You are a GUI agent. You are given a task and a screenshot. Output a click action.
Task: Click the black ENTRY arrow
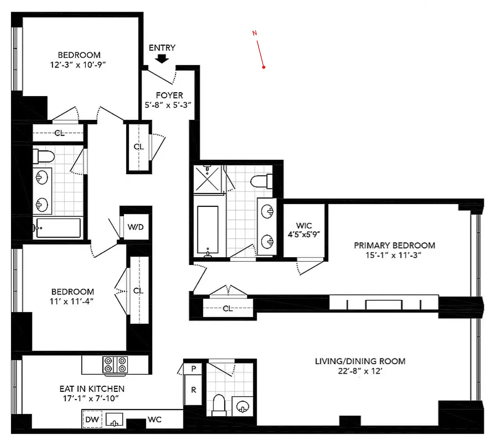coord(162,59)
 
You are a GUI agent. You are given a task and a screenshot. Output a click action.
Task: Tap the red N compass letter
coord(254,33)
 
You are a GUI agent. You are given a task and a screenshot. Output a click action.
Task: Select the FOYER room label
coord(169,95)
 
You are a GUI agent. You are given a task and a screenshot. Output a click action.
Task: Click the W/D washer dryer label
coord(135,227)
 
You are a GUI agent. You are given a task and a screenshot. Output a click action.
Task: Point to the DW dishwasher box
coord(92,419)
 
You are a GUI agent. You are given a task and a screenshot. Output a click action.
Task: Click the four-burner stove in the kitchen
coord(115,365)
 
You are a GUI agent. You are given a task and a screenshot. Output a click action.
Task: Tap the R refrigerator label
coord(194,390)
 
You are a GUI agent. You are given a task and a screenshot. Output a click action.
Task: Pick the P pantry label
coord(194,369)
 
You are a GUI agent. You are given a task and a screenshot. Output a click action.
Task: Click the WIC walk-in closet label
coord(304,226)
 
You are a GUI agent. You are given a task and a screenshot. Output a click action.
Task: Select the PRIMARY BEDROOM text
coord(394,246)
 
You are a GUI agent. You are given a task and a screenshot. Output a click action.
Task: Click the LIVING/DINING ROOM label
coord(360,361)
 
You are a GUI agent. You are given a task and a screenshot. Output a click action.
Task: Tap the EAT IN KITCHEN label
coord(92,389)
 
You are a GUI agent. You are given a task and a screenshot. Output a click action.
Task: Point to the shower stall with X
coord(207,179)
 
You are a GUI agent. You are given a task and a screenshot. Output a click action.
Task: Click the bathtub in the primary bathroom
coord(208,230)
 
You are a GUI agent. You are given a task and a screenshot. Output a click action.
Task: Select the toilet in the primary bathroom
coord(261,181)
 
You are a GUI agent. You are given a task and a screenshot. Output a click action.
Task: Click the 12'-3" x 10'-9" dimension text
coord(78,65)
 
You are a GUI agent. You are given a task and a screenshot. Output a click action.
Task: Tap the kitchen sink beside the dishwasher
coord(114,420)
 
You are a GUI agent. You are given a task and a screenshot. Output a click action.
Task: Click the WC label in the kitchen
coord(155,420)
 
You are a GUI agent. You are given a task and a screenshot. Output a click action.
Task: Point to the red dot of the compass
coord(264,67)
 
